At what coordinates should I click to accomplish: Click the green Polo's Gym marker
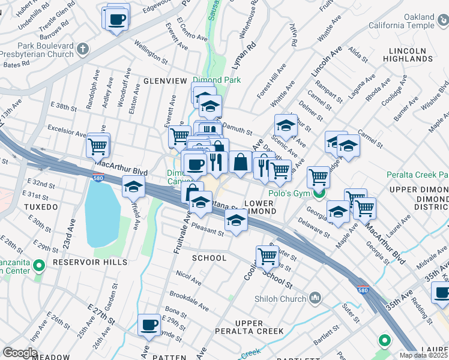[x=319, y=194]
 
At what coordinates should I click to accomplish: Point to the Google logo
[x=20, y=353]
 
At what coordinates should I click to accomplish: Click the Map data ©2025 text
[x=423, y=355]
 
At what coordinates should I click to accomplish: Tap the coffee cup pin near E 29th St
[x=149, y=325]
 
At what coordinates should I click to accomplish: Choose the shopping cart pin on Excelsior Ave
[x=98, y=145]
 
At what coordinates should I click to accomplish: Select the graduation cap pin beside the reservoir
[x=134, y=187]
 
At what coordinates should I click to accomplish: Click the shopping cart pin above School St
[x=267, y=256]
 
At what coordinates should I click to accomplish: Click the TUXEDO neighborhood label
[x=41, y=207]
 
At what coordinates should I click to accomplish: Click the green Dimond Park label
[x=215, y=80]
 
